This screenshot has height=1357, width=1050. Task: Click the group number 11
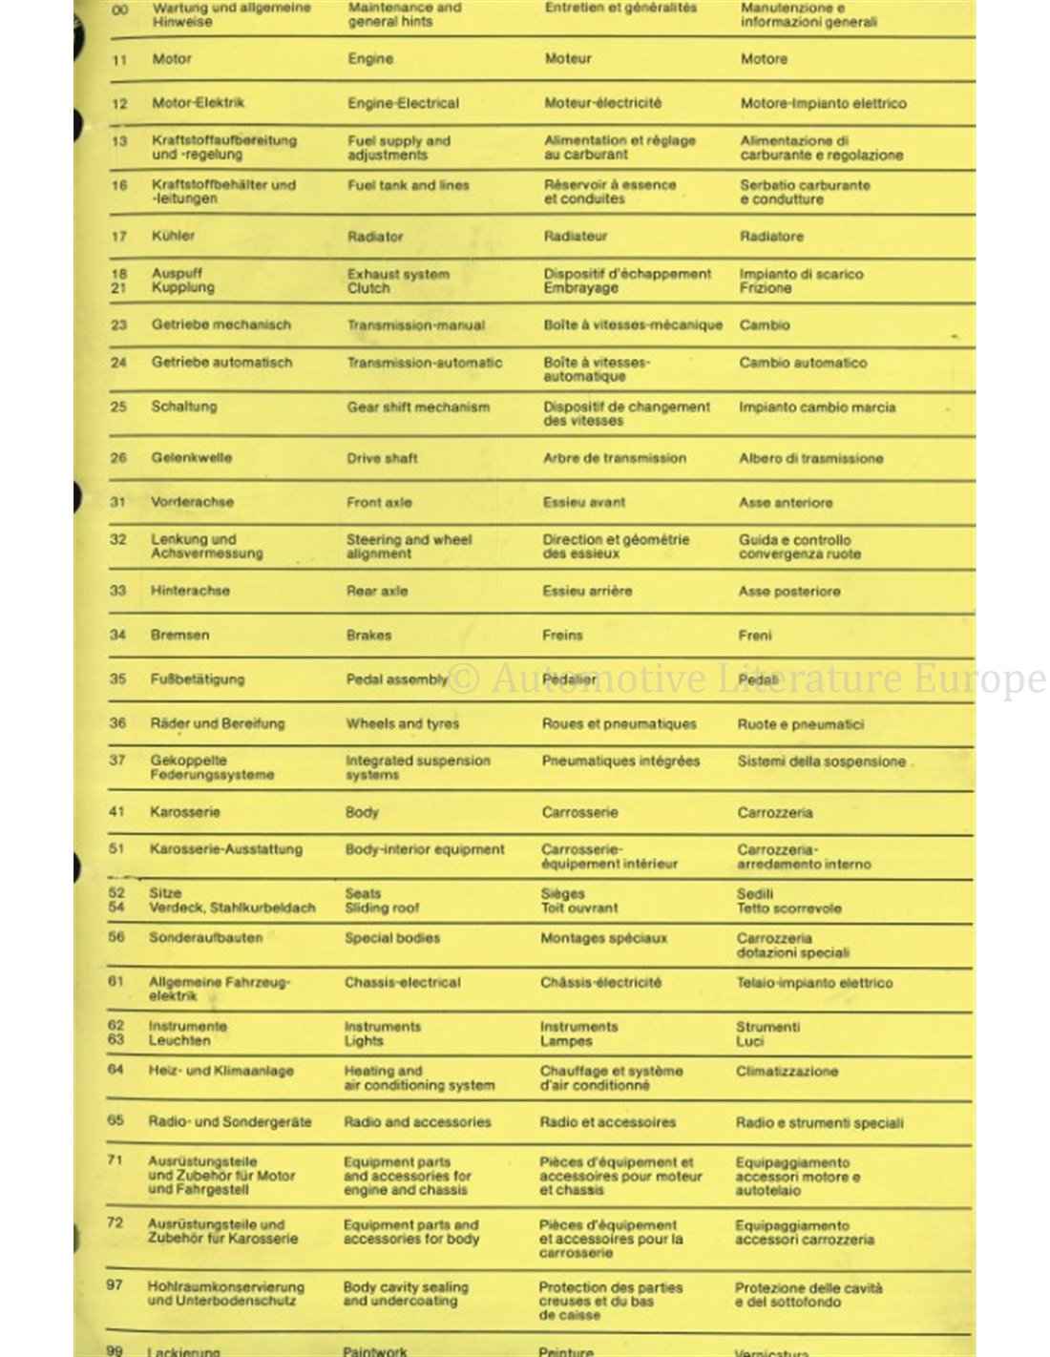click(119, 60)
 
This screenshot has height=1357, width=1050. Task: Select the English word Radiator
click(375, 237)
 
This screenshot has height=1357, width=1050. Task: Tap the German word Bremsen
click(179, 635)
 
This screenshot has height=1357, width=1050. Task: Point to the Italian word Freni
click(754, 636)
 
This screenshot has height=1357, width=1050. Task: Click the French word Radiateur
click(575, 237)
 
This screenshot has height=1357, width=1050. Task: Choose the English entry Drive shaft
click(382, 458)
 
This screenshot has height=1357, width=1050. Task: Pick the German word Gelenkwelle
click(191, 458)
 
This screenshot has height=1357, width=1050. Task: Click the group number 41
click(116, 812)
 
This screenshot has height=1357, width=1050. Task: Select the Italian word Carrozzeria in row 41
click(774, 813)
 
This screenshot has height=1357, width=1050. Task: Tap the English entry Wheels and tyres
click(402, 723)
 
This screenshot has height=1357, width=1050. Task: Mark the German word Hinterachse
click(190, 591)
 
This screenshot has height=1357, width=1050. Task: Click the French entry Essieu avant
click(583, 502)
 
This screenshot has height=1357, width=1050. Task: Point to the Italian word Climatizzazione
click(787, 1072)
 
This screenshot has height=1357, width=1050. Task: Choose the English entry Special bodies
click(392, 938)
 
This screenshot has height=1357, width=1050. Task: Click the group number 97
click(115, 1285)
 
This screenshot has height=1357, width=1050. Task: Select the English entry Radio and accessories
click(417, 1122)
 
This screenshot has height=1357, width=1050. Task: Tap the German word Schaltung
click(183, 407)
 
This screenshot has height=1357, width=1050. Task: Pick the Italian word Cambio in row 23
click(764, 325)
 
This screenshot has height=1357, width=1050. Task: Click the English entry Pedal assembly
click(396, 679)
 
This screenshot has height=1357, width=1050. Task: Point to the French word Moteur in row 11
click(568, 59)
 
